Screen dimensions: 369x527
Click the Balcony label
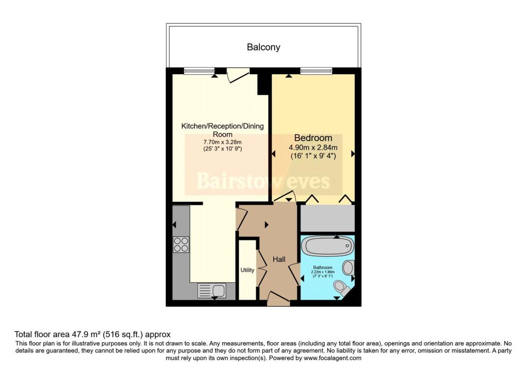pyautogui.click(x=263, y=47)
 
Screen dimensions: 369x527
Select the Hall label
pyautogui.click(x=279, y=260)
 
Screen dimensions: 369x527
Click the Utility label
pyautogui.click(x=248, y=270)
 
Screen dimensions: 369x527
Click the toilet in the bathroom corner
pyautogui.click(x=340, y=286)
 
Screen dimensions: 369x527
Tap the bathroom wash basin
pyautogui.click(x=348, y=268)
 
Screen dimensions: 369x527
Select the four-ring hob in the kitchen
pyautogui.click(x=181, y=244)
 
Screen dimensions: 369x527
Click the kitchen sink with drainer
pyautogui.click(x=211, y=291)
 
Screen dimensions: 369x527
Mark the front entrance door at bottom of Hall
pyautogui.click(x=278, y=298)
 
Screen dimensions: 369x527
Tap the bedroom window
pyautogui.click(x=317, y=71)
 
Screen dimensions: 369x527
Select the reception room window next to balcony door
pyautogui.click(x=199, y=71)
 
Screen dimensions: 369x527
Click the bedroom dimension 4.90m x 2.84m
pyautogui.click(x=313, y=147)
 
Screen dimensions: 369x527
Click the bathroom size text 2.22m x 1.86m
pyautogui.click(x=324, y=273)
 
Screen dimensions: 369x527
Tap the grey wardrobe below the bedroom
pyautogui.click(x=327, y=218)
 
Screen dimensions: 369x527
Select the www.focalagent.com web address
pyautogui.click(x=333, y=358)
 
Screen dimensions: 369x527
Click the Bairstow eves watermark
pyautogui.click(x=263, y=181)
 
